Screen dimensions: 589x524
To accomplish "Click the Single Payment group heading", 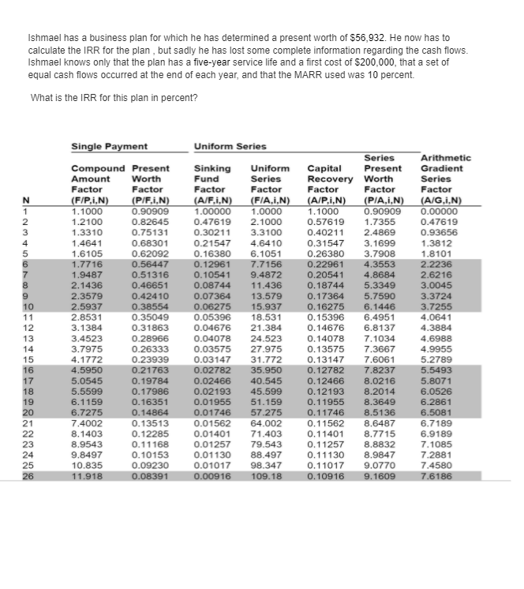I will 110,147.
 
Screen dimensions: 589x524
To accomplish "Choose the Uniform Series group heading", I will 230,147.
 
